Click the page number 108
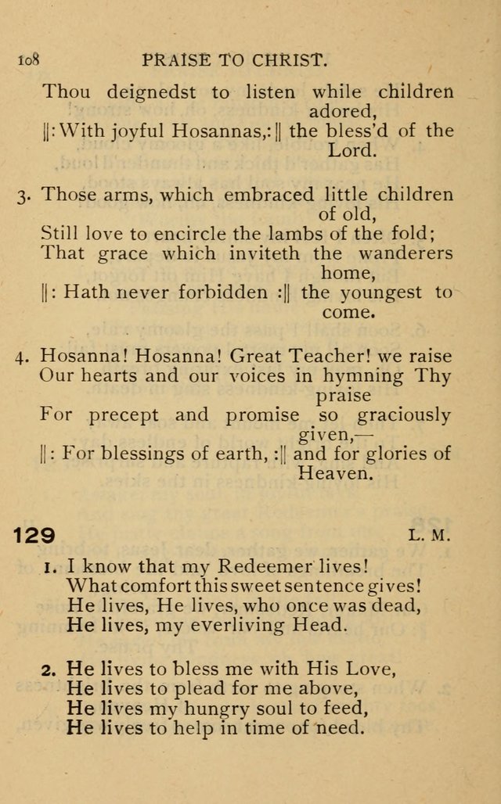(x=28, y=59)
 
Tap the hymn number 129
(x=34, y=536)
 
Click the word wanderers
(x=406, y=253)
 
